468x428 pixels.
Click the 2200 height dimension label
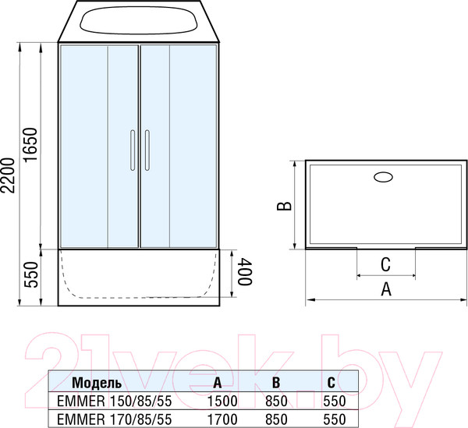[8, 175]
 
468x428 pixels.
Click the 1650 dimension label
[30, 145]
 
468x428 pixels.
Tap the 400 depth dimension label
[245, 272]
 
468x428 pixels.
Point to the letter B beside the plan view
[285, 206]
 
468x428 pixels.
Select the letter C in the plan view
[385, 264]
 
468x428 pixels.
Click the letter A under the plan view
[386, 289]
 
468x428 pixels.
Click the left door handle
[133, 150]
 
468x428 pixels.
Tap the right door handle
[147, 150]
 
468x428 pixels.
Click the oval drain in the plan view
[384, 177]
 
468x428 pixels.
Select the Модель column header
[97, 383]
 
